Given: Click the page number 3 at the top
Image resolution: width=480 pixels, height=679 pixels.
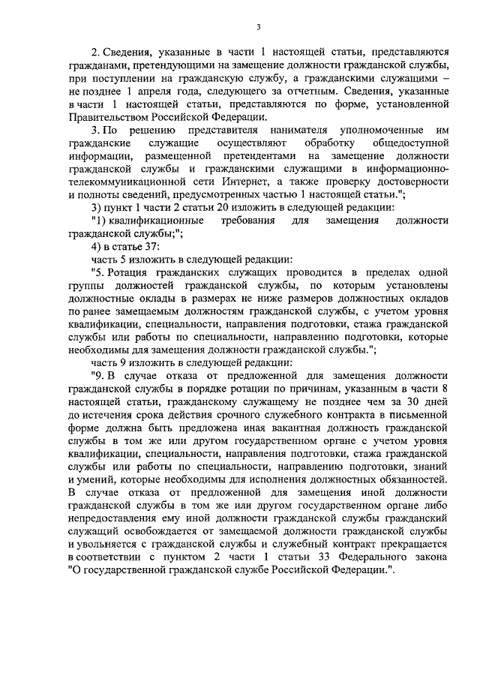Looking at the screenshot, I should tap(257, 28).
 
